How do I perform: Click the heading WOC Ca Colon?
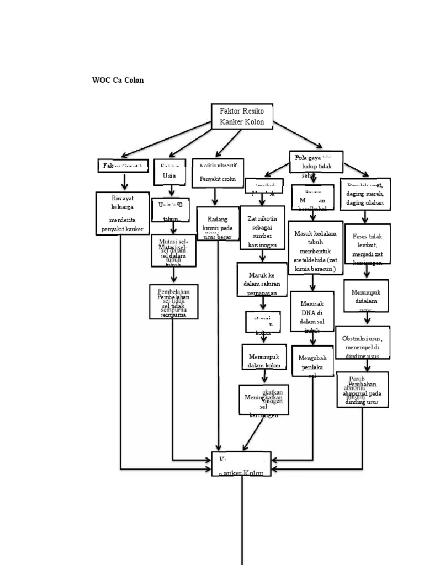(118, 80)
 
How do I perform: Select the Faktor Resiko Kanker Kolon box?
(242, 116)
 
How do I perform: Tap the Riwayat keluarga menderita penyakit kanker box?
(122, 214)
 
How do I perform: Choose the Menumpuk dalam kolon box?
(264, 356)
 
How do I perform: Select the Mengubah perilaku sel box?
(312, 361)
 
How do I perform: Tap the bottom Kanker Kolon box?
(241, 465)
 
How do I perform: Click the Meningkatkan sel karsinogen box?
(263, 401)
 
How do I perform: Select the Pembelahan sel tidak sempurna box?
(173, 301)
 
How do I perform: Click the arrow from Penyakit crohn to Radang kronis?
(215, 196)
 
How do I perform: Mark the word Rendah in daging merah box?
(355, 184)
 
